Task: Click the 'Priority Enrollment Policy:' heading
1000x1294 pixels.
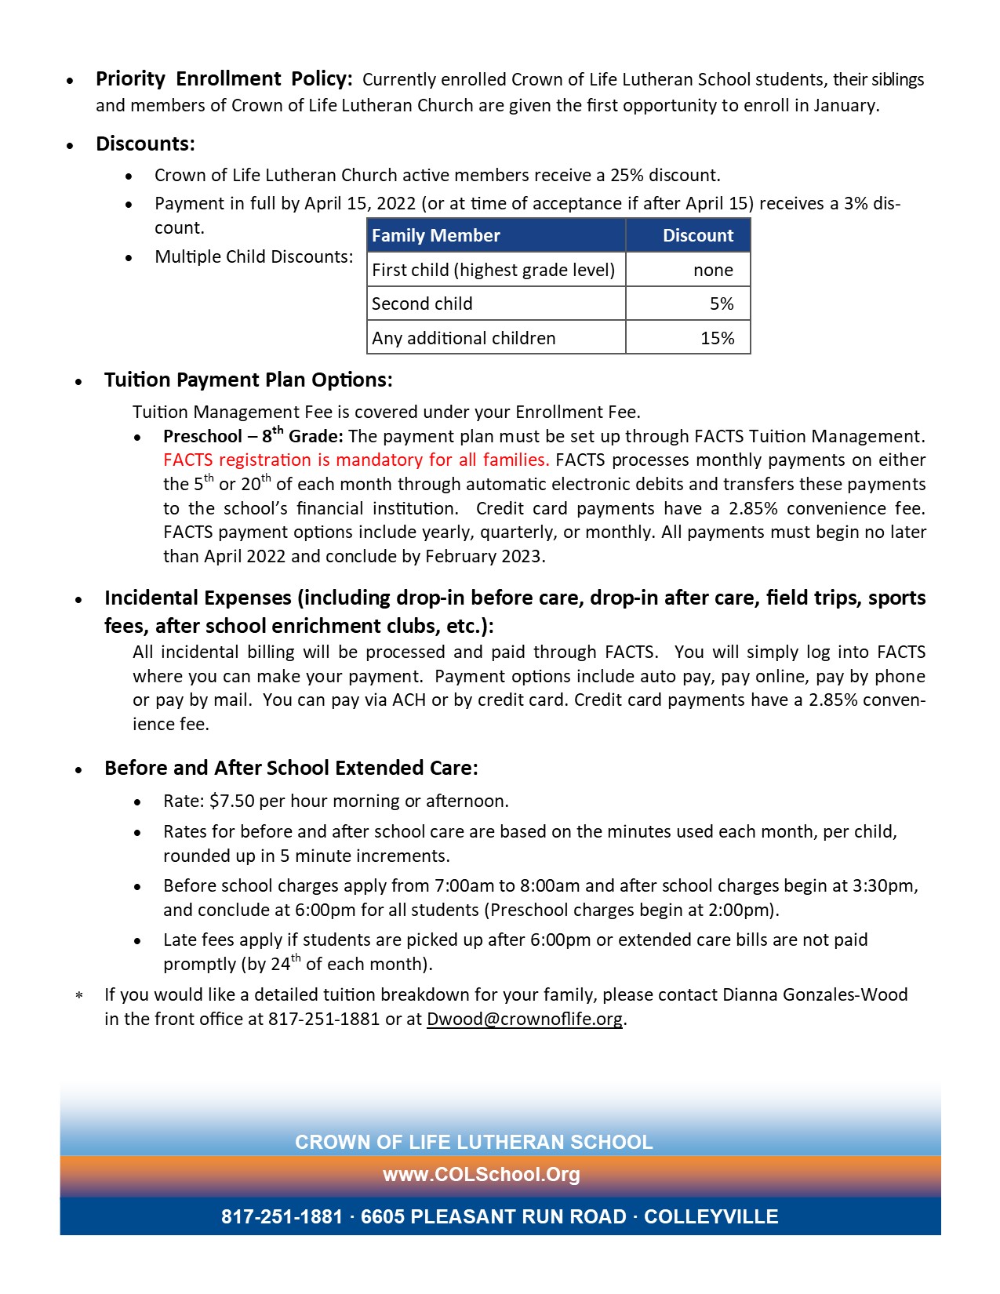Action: [224, 79]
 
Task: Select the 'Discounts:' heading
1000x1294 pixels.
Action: [145, 144]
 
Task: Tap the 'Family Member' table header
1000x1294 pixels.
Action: [435, 235]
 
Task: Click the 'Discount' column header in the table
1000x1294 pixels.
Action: [697, 235]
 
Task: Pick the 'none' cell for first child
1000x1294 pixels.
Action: [713, 270]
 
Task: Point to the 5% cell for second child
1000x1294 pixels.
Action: [722, 304]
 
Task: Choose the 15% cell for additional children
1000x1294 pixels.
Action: [717, 338]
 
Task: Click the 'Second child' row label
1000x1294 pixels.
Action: [422, 304]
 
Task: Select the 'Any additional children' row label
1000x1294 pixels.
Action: [464, 338]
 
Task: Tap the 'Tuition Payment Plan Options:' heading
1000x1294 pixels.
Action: [248, 380]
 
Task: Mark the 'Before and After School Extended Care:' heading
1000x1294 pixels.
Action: [291, 768]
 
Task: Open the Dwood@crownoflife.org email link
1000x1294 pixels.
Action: [524, 1019]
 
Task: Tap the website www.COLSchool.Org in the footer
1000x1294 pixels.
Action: [482, 1174]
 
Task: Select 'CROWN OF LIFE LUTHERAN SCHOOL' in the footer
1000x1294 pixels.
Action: [474, 1142]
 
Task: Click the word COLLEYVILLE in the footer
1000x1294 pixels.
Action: [711, 1216]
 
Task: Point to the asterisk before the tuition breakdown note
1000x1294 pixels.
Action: [79, 996]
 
